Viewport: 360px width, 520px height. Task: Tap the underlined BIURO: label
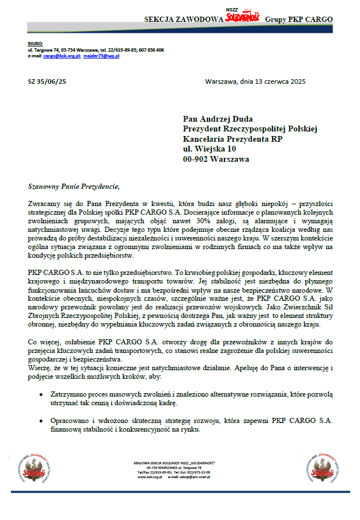(x=35, y=44)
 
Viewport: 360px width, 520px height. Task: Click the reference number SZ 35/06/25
(x=47, y=82)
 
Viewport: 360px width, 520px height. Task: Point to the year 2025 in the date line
(x=297, y=82)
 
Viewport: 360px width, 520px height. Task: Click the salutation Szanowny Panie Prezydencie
(x=74, y=187)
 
